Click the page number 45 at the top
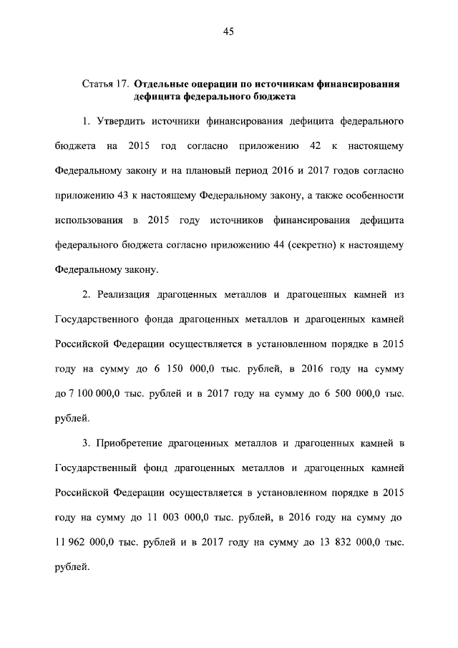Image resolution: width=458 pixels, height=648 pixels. pyautogui.click(x=228, y=31)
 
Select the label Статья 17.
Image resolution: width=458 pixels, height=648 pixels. pyautogui.click(x=105, y=84)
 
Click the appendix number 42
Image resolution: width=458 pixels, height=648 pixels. pyautogui.click(x=313, y=147)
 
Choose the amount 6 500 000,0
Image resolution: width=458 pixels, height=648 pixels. pyautogui.click(x=354, y=394)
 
